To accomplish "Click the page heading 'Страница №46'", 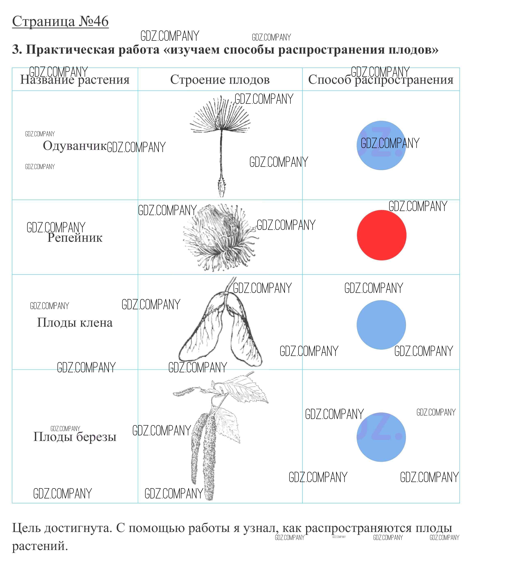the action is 60,21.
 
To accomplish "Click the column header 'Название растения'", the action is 75,80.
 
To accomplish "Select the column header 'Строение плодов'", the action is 220,80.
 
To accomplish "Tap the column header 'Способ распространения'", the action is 381,80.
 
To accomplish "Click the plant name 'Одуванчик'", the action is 75,146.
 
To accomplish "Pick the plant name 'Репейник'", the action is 75,237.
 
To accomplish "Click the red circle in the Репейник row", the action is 381,235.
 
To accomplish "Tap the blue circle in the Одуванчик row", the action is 381,145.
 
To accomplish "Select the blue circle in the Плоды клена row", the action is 381,325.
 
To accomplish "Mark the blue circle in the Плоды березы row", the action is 381,437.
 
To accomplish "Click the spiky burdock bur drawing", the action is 220,237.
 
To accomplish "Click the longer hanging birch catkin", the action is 209,458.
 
